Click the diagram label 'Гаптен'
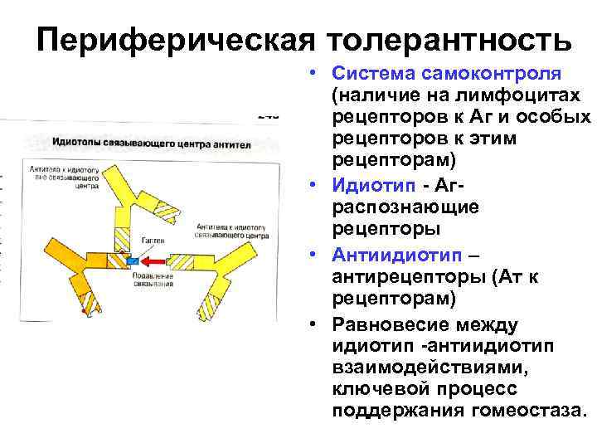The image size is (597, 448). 153,240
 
